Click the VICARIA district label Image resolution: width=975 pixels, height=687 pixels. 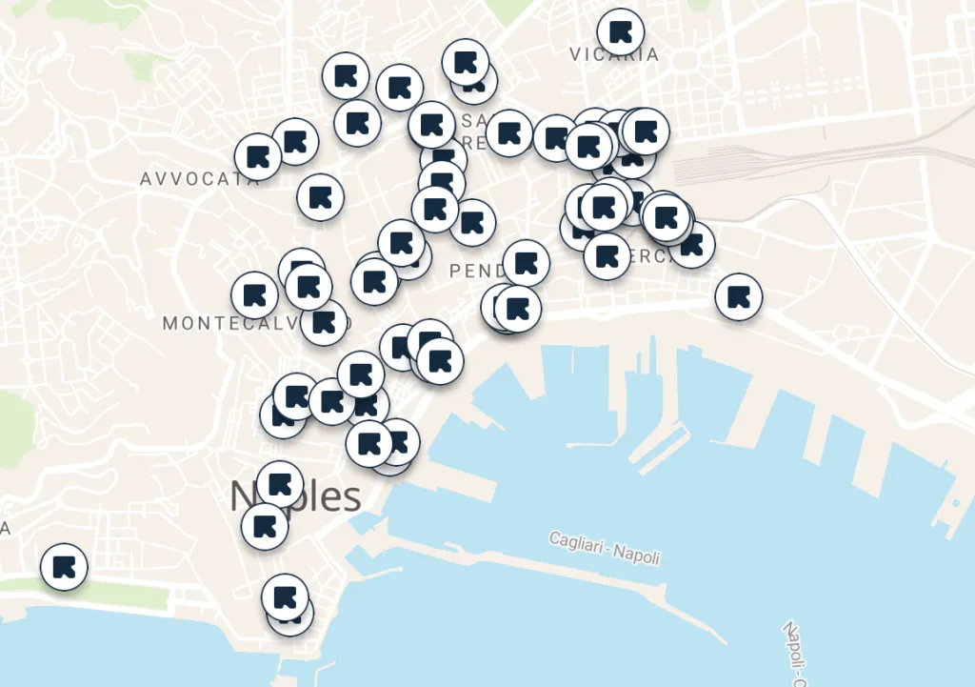614,54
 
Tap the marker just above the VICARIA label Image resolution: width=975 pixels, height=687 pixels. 621,31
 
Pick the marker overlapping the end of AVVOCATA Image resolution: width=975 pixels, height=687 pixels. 258,157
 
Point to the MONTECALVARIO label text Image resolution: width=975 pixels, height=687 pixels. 229,324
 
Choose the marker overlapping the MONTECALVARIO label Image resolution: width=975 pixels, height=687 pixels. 324,323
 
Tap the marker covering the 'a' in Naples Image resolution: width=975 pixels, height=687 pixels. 279,485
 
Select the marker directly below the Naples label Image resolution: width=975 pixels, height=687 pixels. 265,526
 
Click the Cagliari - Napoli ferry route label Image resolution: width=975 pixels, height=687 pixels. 605,548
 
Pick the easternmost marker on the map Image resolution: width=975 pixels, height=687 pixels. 738,296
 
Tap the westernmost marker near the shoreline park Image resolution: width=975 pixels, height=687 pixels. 65,567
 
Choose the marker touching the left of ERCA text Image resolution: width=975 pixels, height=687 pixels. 607,255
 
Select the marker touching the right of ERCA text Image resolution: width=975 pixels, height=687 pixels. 692,245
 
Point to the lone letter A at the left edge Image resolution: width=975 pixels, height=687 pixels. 5,528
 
